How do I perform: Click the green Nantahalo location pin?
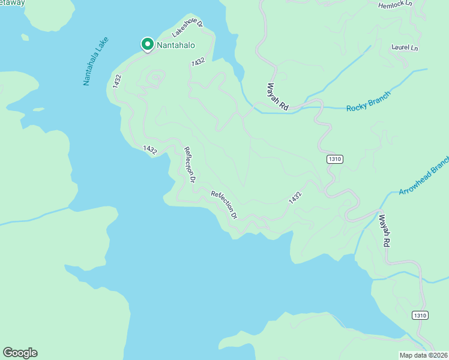click(x=147, y=44)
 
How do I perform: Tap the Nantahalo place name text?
click(x=177, y=44)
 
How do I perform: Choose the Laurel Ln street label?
click(x=404, y=47)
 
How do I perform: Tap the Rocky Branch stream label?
click(x=369, y=101)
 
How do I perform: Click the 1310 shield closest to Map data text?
click(x=420, y=316)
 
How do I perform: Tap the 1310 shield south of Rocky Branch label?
click(x=335, y=159)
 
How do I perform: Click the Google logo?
click(x=20, y=352)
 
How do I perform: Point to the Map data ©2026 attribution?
click(x=423, y=355)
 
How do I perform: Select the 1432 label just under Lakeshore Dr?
click(x=198, y=62)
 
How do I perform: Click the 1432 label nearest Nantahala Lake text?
click(x=117, y=82)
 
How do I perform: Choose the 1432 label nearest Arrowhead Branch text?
click(x=294, y=197)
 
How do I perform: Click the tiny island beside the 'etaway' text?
click(x=25, y=37)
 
